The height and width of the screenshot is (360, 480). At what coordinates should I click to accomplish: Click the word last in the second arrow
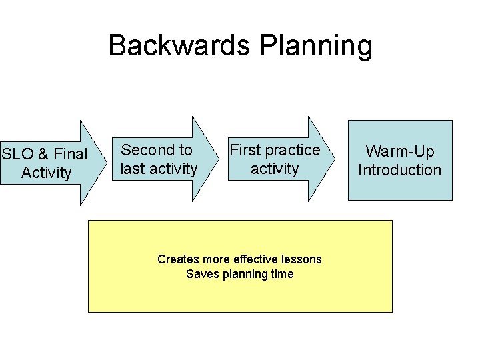[133, 169]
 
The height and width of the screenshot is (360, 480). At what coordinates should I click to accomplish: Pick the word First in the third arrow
[245, 150]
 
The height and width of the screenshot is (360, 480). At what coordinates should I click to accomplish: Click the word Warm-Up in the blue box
[400, 151]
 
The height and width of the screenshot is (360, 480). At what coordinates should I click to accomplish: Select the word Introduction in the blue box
[400, 170]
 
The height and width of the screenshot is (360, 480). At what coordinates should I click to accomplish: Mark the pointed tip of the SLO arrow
[107, 162]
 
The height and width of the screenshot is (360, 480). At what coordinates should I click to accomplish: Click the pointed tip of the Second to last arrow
[219, 159]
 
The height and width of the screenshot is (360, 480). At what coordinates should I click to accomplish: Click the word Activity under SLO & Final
[46, 173]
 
